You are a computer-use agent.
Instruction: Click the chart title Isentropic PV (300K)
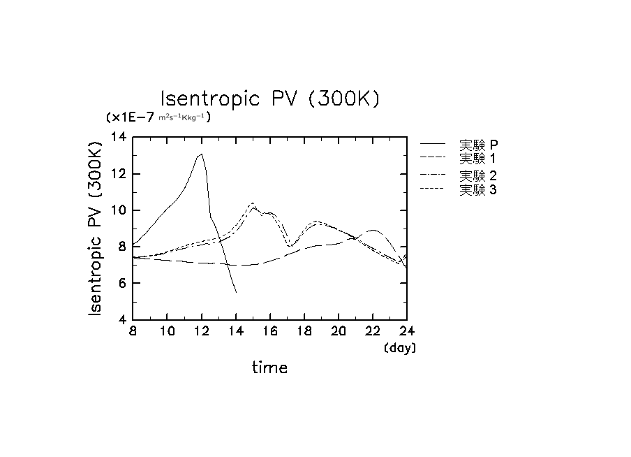click(x=270, y=99)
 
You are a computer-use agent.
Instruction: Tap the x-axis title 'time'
click(x=269, y=367)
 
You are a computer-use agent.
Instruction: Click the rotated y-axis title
click(x=97, y=228)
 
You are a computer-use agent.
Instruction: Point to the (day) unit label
click(x=400, y=347)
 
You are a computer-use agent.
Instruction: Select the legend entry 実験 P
click(x=478, y=145)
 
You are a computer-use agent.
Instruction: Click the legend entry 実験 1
click(x=478, y=159)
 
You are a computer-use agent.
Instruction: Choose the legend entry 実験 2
click(x=478, y=175)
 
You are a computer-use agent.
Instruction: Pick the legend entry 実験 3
click(x=478, y=189)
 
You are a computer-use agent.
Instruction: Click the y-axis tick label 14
click(x=119, y=138)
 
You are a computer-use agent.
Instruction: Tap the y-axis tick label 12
click(x=119, y=174)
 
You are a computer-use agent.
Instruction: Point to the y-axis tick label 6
click(x=123, y=283)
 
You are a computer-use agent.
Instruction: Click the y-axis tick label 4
click(x=123, y=319)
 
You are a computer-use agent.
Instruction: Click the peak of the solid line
click(x=202, y=154)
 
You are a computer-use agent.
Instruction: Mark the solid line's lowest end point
click(x=236, y=292)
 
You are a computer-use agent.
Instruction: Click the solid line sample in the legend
click(x=433, y=144)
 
